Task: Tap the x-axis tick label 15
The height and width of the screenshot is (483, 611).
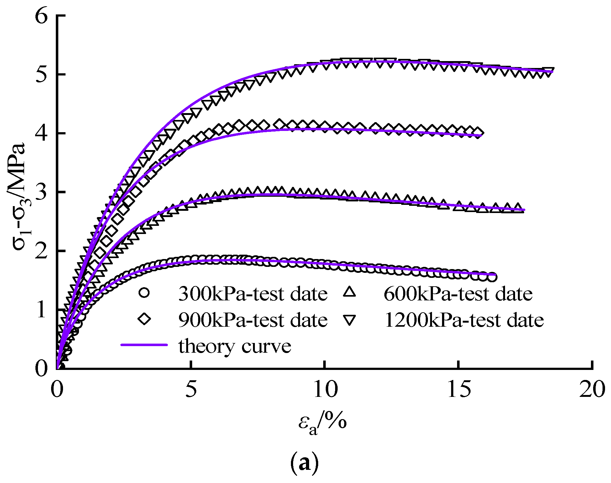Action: tap(458, 390)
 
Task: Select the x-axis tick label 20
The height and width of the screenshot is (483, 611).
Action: tap(592, 390)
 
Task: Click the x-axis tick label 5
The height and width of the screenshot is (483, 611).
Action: tap(191, 390)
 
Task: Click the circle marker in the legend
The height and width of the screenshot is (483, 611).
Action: tap(144, 293)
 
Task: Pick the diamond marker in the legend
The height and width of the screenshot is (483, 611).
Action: tap(144, 319)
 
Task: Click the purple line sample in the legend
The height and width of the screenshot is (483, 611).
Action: tap(144, 345)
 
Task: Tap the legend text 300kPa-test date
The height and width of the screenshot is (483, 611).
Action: tap(253, 294)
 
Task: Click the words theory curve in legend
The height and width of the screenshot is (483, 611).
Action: tap(235, 346)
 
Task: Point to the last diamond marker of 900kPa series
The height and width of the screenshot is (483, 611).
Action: tap(478, 133)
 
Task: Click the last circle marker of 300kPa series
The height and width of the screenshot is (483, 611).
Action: tap(492, 277)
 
